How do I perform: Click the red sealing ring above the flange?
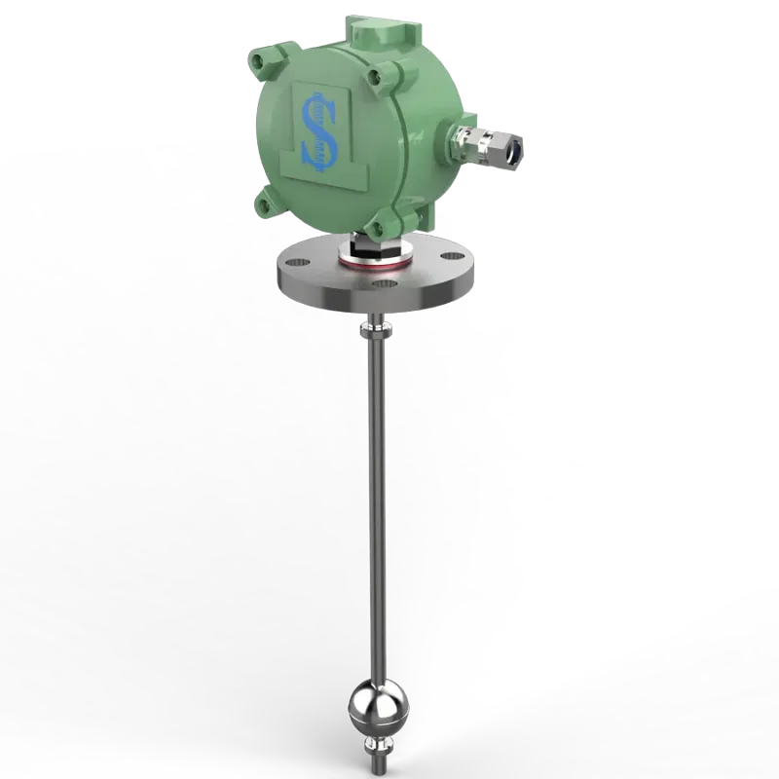click(375, 260)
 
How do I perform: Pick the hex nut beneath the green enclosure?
click(375, 247)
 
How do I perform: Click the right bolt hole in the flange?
click(450, 260)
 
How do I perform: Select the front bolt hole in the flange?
click(384, 285)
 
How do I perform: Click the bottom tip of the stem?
click(376, 769)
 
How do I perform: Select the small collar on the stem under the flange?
click(376, 332)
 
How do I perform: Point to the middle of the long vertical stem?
click(376, 506)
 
